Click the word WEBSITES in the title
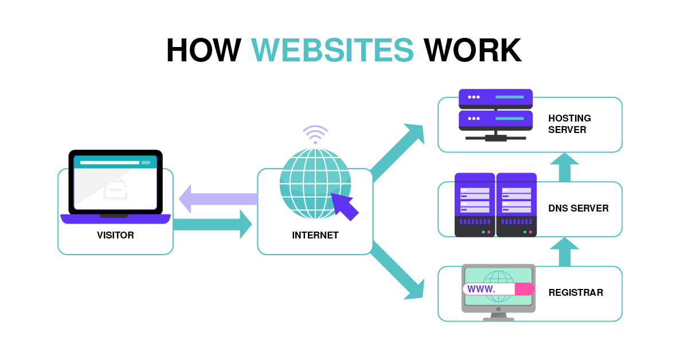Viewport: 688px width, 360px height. pos(332,50)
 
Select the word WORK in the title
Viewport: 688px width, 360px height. pos(472,50)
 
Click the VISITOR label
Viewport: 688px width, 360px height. pos(115,235)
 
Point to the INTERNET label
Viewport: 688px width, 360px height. pos(315,235)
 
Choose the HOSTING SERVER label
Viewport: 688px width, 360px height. pos(569,124)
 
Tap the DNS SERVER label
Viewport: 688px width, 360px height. pos(578,208)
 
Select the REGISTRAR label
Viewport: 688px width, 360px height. pos(576,292)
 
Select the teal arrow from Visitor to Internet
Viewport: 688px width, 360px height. pos(212,224)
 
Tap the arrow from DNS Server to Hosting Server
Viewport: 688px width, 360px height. pos(564,167)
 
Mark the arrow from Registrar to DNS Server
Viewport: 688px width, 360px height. pos(564,252)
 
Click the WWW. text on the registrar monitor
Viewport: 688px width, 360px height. pos(482,289)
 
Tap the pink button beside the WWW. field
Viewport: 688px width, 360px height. pos(524,289)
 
